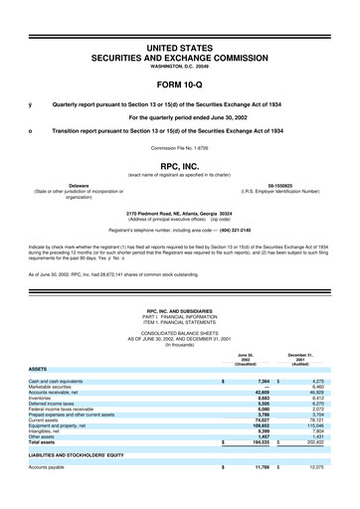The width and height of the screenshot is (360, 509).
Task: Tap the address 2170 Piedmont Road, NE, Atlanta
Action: coord(180,212)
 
